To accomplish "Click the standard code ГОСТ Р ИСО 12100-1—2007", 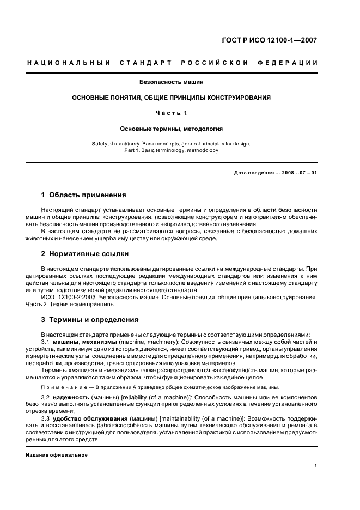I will [277, 40].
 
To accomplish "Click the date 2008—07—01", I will [298, 173].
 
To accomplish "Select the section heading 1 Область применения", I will [84, 195].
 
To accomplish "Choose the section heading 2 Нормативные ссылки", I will [85, 254].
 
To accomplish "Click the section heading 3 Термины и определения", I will [90, 320].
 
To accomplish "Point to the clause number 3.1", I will [46, 342].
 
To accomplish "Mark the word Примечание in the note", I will [64, 387].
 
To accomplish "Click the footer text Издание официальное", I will [57, 455].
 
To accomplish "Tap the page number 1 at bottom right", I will [316, 466].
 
